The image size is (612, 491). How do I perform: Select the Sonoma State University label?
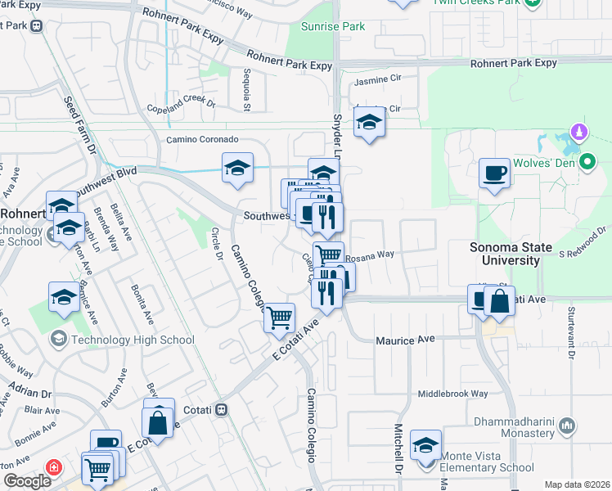pyautogui.click(x=516, y=254)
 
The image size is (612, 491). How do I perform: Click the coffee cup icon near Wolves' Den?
pyautogui.click(x=493, y=173)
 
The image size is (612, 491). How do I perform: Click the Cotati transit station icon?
pyautogui.click(x=222, y=409)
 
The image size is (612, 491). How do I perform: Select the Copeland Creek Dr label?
pyautogui.click(x=180, y=106)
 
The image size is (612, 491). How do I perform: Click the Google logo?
pyautogui.click(x=26, y=481)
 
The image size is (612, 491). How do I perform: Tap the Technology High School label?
pyautogui.click(x=133, y=340)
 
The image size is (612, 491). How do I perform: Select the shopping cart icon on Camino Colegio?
pyautogui.click(x=279, y=316)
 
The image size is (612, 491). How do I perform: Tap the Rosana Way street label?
pyautogui.click(x=369, y=255)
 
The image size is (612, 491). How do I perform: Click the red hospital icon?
pyautogui.click(x=54, y=467)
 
